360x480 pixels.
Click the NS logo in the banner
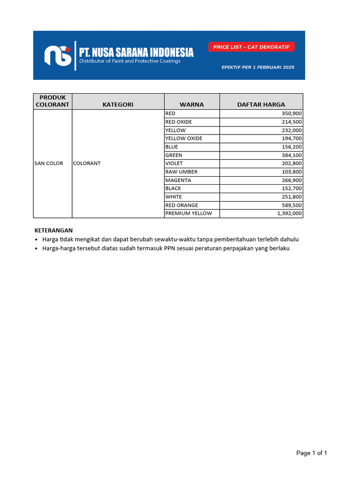tap(58, 55)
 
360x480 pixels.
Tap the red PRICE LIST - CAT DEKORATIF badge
tap(251, 47)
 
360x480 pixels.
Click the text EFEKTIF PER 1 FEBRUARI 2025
tap(258, 67)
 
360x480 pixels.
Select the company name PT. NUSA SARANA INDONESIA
tap(136, 52)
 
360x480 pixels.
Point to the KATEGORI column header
tap(118, 105)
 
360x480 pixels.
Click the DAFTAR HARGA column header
tap(261, 105)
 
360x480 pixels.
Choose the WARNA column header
tap(192, 105)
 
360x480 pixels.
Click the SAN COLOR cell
tap(49, 164)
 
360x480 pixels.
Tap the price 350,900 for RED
tap(292, 113)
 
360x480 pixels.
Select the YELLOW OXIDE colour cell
tap(184, 138)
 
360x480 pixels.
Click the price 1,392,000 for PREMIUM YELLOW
tap(289, 213)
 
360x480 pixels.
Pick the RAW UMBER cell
tap(181, 172)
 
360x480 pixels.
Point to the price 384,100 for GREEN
tap(292, 155)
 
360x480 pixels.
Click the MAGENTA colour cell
tap(178, 180)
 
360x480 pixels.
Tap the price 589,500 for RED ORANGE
tap(292, 205)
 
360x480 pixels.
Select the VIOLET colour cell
tap(174, 164)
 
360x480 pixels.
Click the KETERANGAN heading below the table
tap(54, 230)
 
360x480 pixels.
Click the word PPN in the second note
tap(169, 248)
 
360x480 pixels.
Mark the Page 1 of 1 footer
tap(311, 453)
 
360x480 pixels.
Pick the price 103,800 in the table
tap(292, 172)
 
